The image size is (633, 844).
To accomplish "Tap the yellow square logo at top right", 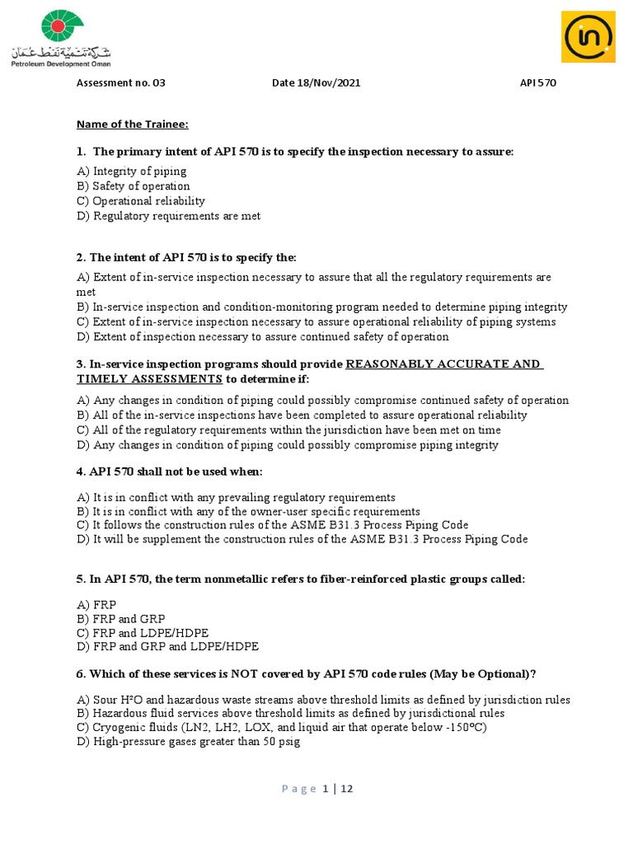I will point(589,36).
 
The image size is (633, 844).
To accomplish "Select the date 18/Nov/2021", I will point(316,82).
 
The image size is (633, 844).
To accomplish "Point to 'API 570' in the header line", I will point(538,82).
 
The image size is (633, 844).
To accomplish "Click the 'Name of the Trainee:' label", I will point(133,124).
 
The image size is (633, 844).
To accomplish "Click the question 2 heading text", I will point(186,258).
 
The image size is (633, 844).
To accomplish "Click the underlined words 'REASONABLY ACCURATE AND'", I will point(443,364).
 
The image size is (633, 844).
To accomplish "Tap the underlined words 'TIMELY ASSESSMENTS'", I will point(150,379).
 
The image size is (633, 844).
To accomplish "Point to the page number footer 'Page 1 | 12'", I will point(317,789).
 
